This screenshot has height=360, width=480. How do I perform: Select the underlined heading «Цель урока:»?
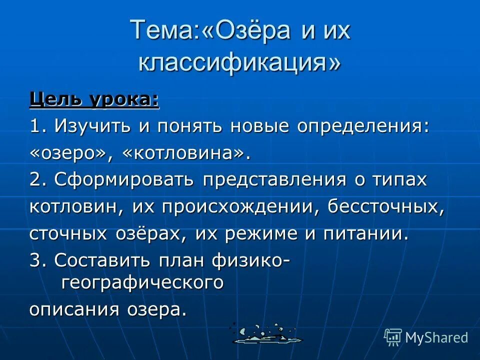(94, 100)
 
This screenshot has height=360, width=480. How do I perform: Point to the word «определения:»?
(363, 126)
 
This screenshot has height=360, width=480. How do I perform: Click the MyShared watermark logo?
(425, 337)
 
